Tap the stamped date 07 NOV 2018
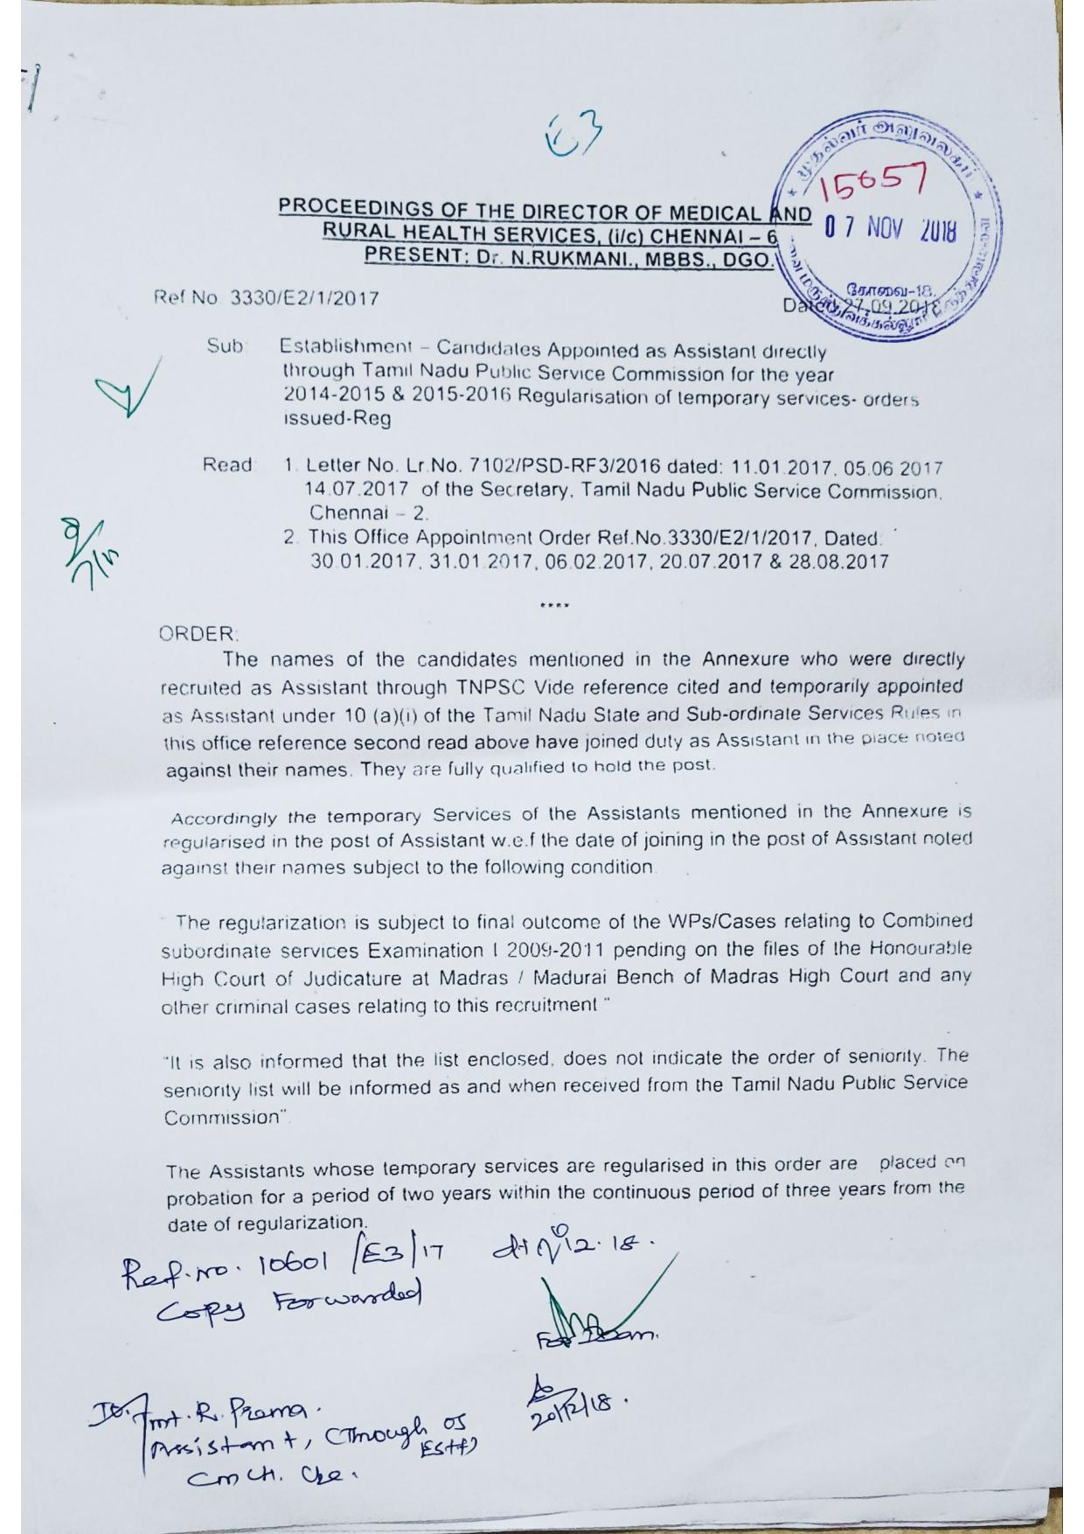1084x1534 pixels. click(x=890, y=230)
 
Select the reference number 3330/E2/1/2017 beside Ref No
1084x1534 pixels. click(x=304, y=298)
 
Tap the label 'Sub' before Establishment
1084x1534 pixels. click(x=226, y=346)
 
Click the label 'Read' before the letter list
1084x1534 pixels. click(x=227, y=465)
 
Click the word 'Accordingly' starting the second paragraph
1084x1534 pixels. click(x=225, y=819)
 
